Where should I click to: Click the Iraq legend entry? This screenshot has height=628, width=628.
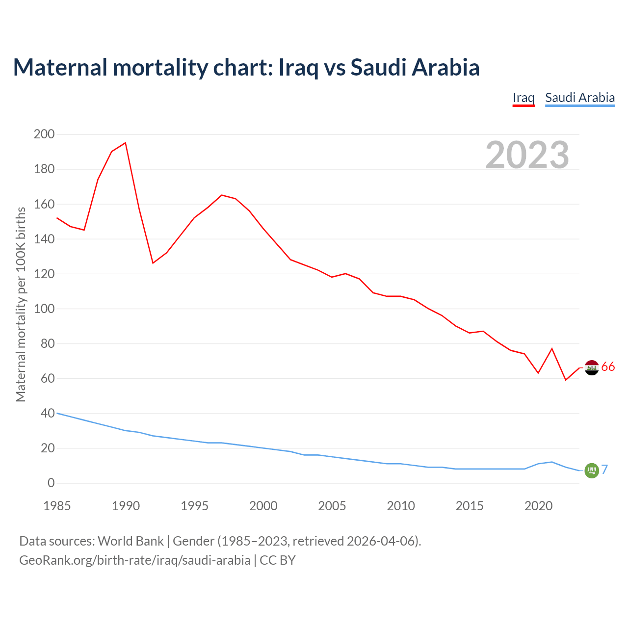point(523,98)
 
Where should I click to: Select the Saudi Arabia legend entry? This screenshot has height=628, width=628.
point(580,98)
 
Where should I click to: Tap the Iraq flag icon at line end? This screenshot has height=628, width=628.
point(592,367)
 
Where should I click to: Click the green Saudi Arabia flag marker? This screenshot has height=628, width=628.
point(592,470)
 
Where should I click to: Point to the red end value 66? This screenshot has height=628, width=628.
point(608,367)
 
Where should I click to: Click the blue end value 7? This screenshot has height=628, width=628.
point(605,470)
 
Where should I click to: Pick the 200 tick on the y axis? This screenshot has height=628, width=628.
point(44,134)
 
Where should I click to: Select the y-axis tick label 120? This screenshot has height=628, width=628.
point(44,274)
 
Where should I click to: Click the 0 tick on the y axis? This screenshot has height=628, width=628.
point(51,483)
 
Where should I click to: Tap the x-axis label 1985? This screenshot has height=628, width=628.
point(57,506)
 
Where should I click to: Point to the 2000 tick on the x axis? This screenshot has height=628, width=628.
point(263,506)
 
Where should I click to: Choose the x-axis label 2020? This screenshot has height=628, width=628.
point(538,506)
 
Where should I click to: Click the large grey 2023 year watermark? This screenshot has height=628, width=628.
point(527,155)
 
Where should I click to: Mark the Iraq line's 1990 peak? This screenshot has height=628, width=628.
point(126,143)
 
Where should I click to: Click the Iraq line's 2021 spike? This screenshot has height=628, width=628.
point(552,348)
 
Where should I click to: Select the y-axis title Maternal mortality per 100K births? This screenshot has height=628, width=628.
point(21,304)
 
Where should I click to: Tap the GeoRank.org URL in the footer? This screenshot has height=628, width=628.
point(134,560)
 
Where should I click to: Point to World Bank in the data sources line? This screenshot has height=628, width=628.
point(131,541)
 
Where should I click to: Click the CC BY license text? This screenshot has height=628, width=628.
point(278,560)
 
